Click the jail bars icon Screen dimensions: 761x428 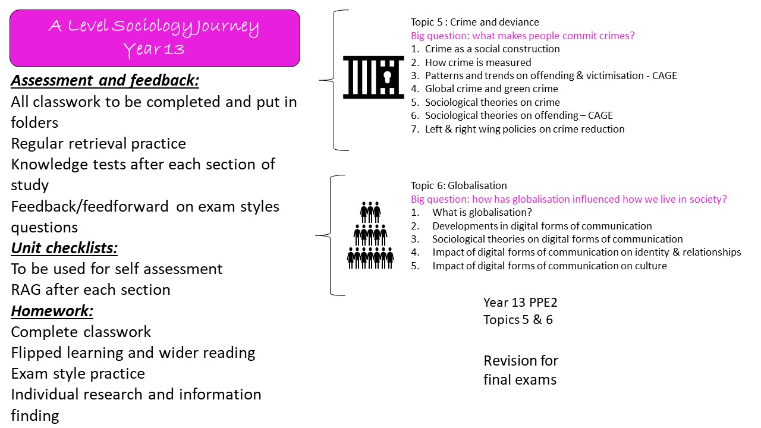pyautogui.click(x=373, y=77)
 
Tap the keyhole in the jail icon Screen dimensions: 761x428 pyautogui.click(x=387, y=77)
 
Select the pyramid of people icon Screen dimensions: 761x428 pyautogui.click(x=370, y=235)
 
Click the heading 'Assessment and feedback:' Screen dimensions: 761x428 pyautogui.click(x=105, y=81)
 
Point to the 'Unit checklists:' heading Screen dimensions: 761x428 pyautogui.click(x=64, y=248)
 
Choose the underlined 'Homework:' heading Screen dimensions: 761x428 pyautogui.click(x=52, y=311)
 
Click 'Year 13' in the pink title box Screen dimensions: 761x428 pyautogui.click(x=155, y=50)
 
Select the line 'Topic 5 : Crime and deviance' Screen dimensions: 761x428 pyautogui.click(x=474, y=22)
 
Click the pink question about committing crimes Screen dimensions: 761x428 pyautogui.click(x=523, y=36)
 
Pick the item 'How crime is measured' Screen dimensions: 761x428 pyautogui.click(x=478, y=62)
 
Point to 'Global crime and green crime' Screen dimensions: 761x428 pyautogui.click(x=491, y=89)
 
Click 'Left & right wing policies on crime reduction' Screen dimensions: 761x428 pyautogui.click(x=524, y=129)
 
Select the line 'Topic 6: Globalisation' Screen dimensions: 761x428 pyautogui.click(x=458, y=185)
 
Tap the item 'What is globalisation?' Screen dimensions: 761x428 pyautogui.click(x=482, y=213)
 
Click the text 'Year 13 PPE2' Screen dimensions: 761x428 pyautogui.click(x=520, y=303)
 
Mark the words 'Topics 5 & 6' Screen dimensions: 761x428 pyautogui.click(x=518, y=320)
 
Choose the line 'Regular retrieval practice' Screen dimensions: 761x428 pyautogui.click(x=99, y=144)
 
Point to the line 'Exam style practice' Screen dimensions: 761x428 pyautogui.click(x=78, y=374)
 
